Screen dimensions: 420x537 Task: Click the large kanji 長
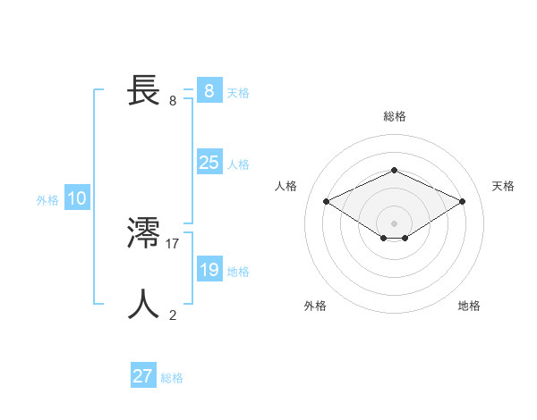(143, 90)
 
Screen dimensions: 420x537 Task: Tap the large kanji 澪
(143, 233)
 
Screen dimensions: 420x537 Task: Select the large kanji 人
(143, 304)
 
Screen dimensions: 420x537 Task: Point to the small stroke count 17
(173, 243)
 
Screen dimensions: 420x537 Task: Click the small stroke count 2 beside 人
(173, 315)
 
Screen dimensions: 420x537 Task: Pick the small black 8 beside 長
(173, 100)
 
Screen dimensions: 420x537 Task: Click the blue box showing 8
(209, 91)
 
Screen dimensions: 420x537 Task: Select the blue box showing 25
(209, 163)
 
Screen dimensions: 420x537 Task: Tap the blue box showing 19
(209, 270)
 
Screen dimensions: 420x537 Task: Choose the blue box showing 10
(76, 198)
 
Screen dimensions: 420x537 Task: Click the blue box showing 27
(142, 376)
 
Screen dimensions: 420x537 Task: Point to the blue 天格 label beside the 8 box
(238, 93)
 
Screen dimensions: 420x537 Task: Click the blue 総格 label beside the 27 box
(172, 378)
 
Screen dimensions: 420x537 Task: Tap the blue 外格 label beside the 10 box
(47, 200)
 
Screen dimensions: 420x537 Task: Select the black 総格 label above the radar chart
(394, 116)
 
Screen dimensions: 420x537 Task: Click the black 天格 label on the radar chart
(503, 186)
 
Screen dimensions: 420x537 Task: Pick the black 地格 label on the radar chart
(469, 306)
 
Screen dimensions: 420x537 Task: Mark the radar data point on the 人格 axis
(326, 201)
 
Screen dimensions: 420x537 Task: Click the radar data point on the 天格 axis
(462, 201)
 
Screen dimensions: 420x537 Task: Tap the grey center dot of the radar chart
(394, 223)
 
